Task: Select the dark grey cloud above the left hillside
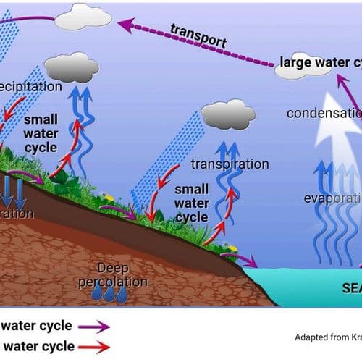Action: coord(71,68)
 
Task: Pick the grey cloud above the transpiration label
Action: coord(228,114)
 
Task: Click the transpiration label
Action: coord(230,164)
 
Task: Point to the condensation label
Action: coord(323,113)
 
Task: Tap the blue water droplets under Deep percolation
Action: coord(109,293)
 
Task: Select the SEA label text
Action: coord(351,287)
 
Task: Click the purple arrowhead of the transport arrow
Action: coord(125,26)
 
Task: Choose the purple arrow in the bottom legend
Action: coord(94,326)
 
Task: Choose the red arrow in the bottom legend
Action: coord(94,347)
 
